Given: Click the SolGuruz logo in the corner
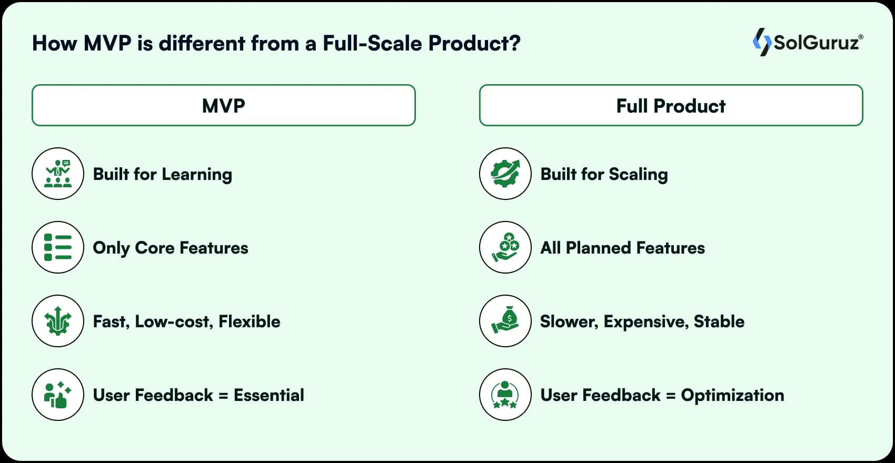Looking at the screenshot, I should [x=808, y=42].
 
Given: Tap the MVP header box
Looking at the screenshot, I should [x=224, y=105].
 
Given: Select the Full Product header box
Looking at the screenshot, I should [x=671, y=105].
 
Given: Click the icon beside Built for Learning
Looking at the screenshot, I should [x=58, y=174].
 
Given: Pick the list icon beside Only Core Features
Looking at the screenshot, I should [x=58, y=247].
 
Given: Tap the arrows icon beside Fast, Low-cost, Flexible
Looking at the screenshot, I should [x=58, y=321].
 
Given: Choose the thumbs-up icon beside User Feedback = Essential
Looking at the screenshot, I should [x=58, y=395].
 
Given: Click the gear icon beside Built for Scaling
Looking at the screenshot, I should [x=505, y=174].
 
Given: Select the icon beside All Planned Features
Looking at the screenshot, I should [x=505, y=247].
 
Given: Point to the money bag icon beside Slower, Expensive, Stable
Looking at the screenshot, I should [x=505, y=321].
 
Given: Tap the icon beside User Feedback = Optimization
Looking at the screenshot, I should [x=505, y=395].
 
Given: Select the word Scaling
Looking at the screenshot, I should [x=638, y=175].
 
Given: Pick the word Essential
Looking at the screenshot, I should [x=269, y=395].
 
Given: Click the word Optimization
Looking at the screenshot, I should [x=732, y=395].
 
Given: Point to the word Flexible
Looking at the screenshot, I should [x=250, y=321].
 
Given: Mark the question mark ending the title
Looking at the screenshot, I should [x=514, y=43].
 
